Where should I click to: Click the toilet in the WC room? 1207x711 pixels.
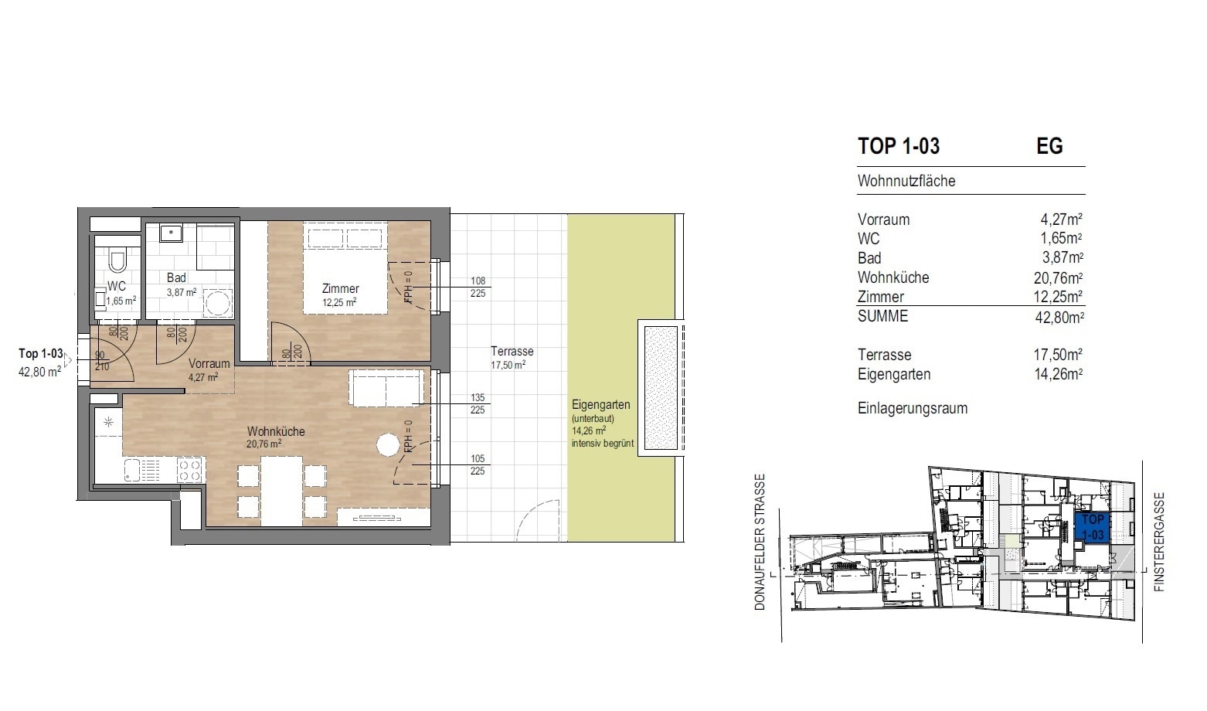[117, 260]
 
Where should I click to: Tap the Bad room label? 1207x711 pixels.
[176, 277]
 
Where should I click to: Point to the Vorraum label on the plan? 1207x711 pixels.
[209, 363]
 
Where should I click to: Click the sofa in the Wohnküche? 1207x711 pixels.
[386, 387]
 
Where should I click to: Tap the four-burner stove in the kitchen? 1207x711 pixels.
[189, 469]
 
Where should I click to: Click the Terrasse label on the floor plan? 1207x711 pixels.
[512, 352]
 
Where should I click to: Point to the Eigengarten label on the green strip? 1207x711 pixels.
[600, 405]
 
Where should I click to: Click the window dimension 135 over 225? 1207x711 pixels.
[478, 404]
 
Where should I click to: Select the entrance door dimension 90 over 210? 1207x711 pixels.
[101, 361]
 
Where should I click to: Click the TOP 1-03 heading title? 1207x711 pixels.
[898, 146]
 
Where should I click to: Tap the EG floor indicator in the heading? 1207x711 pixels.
[1049, 146]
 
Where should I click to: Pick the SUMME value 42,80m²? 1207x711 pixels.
[1059, 317]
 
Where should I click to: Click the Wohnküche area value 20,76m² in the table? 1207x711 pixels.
[1058, 277]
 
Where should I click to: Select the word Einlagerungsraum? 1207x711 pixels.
[912, 408]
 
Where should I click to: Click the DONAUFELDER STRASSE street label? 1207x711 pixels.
[760, 542]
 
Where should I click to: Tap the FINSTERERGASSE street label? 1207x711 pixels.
[1158, 542]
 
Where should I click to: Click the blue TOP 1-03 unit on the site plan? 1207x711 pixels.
[1092, 527]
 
